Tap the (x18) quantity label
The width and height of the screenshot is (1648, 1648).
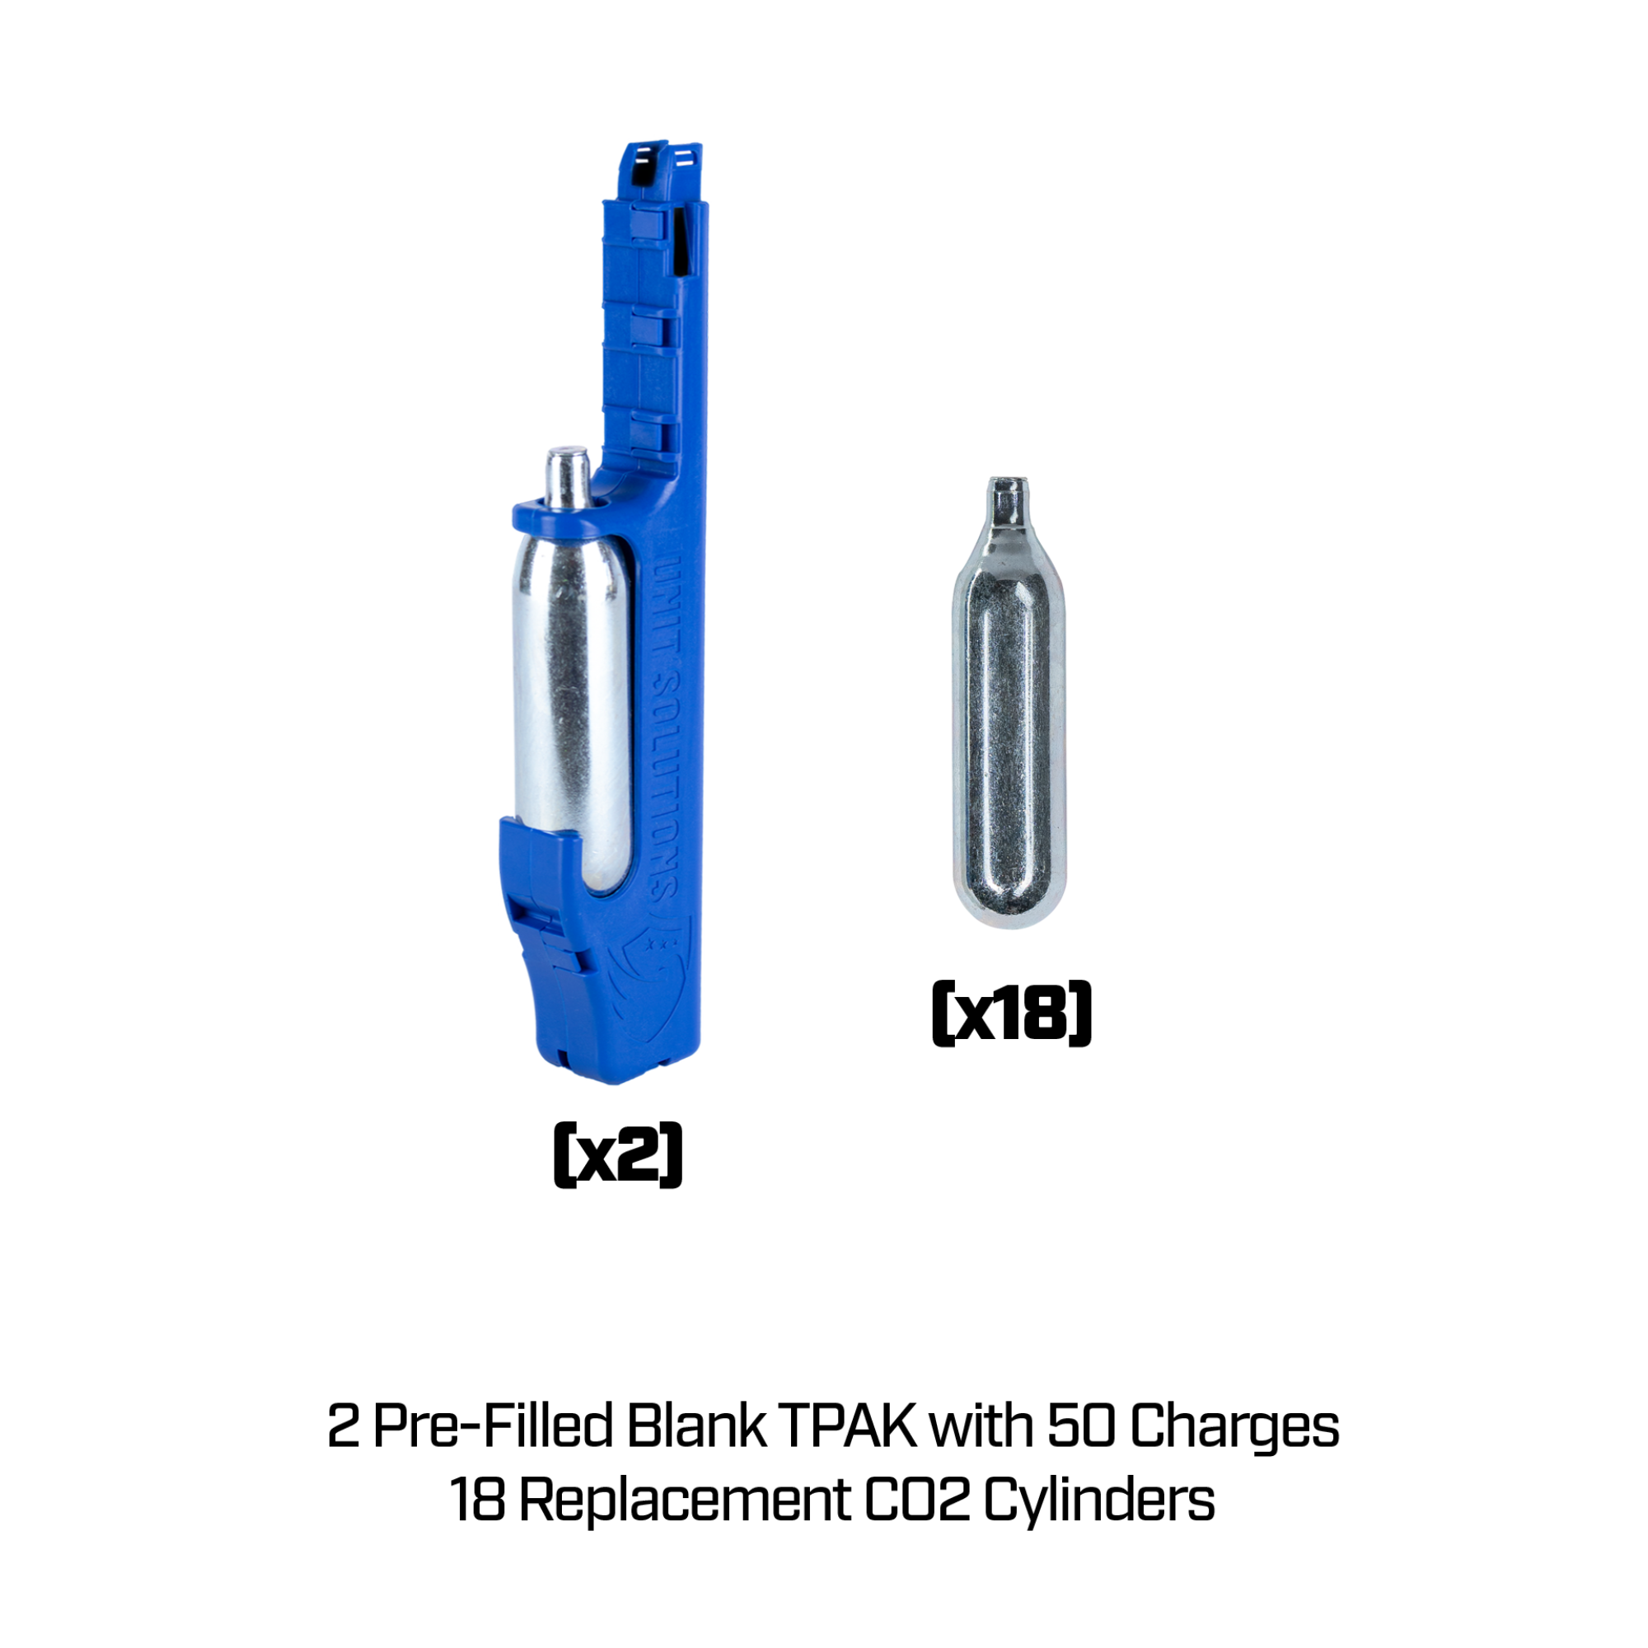point(1012,1014)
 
